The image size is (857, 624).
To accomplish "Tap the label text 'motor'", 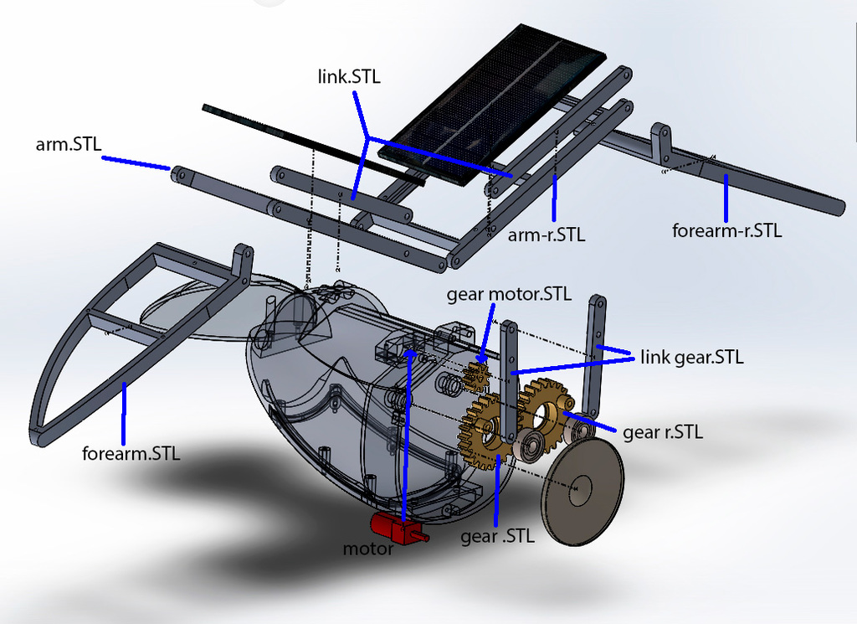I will (368, 549).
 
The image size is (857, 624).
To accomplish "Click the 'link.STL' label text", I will (349, 77).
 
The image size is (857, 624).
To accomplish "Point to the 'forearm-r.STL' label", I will (726, 230).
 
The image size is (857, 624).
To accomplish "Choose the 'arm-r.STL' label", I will (547, 235).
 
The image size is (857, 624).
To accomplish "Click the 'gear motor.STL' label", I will (509, 294).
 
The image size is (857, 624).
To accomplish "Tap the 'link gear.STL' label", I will (691, 358).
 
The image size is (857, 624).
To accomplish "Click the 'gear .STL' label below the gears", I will (497, 537).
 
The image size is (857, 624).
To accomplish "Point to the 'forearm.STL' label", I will (131, 455).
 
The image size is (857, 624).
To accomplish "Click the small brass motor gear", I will (475, 375).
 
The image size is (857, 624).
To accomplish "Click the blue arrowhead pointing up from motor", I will (408, 356).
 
